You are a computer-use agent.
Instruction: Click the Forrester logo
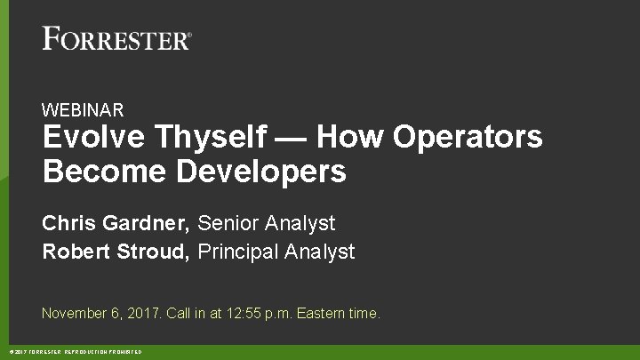point(116,39)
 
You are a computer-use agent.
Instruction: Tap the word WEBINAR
point(83,110)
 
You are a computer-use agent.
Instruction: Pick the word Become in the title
point(98,172)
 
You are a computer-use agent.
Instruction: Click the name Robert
point(76,252)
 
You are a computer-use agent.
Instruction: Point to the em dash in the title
point(292,139)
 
